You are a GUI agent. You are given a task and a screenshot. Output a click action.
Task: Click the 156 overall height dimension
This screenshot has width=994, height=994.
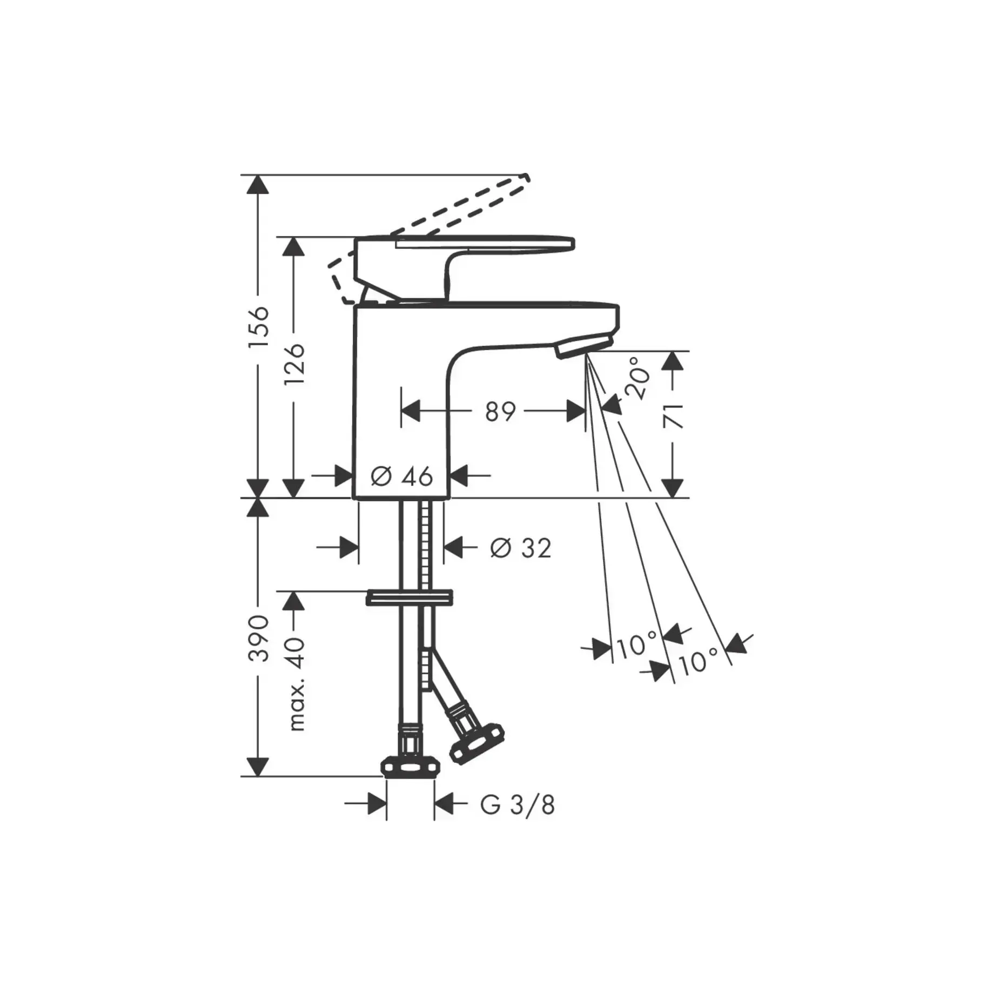pos(259,328)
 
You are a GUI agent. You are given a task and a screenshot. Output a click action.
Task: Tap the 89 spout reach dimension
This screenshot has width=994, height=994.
pos(500,412)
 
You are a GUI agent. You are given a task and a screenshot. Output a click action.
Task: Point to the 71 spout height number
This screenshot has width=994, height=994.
pos(673,415)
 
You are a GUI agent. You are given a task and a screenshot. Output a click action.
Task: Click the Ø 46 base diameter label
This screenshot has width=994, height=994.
pos(402,476)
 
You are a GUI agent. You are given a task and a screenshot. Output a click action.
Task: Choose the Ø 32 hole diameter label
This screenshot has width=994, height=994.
pos(521,548)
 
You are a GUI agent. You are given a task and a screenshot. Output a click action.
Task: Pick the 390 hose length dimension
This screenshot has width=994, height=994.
pos(259,638)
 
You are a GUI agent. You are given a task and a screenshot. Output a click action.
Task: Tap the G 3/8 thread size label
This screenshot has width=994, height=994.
pos(517,821)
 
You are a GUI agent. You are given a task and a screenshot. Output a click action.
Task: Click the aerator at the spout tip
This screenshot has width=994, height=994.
pos(583,345)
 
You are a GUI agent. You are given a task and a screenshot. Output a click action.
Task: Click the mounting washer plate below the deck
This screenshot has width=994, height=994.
pos(409,597)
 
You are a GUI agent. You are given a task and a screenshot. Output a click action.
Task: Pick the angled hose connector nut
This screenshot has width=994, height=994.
pos(478,744)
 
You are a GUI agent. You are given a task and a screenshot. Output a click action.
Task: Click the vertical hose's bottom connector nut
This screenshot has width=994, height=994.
pos(410,766)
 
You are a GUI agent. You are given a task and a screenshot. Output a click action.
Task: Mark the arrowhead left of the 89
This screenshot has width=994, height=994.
pos(411,412)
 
